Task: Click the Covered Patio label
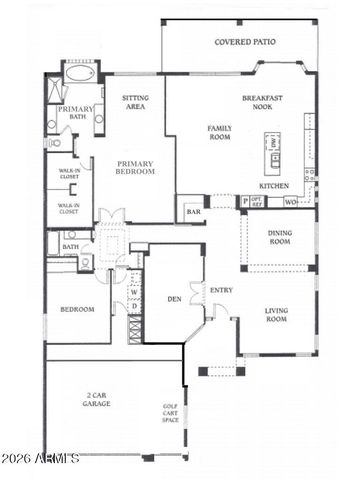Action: [245, 43]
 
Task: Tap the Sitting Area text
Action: [135, 101]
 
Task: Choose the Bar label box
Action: [191, 212]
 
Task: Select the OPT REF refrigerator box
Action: [258, 201]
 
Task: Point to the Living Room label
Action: [276, 315]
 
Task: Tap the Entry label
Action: [221, 291]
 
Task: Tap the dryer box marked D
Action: [134, 306]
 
